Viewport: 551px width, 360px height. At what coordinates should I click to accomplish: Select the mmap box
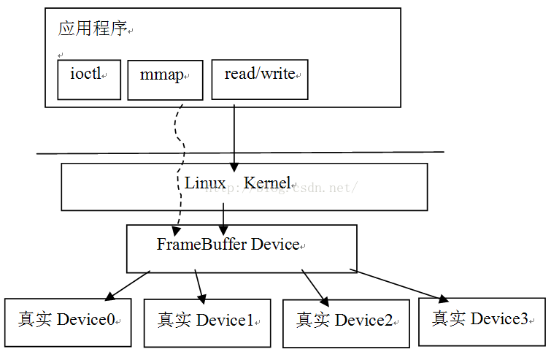click(165, 80)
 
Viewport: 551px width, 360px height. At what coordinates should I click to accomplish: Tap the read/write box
click(260, 79)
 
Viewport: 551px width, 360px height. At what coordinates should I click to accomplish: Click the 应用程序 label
click(92, 29)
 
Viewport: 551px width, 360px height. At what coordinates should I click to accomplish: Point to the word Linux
click(205, 183)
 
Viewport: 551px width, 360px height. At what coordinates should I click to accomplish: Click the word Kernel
click(266, 183)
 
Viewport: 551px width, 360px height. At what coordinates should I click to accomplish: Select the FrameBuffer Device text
click(228, 244)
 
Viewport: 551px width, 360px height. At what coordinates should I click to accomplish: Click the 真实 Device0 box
click(68, 321)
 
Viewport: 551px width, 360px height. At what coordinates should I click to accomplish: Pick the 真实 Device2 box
click(346, 322)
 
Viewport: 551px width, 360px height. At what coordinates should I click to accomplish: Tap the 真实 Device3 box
click(482, 320)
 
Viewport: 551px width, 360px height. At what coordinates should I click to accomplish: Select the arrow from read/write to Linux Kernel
click(234, 135)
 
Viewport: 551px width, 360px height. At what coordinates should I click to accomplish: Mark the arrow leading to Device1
click(199, 286)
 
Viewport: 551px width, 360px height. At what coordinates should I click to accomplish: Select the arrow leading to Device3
click(401, 285)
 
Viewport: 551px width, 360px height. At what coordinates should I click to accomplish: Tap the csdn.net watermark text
click(321, 188)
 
